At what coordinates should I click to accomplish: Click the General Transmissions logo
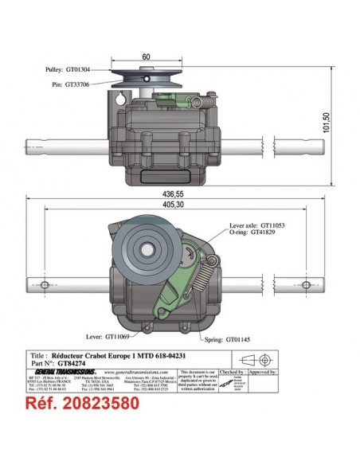point(68,372)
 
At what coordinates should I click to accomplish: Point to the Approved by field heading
point(264,371)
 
